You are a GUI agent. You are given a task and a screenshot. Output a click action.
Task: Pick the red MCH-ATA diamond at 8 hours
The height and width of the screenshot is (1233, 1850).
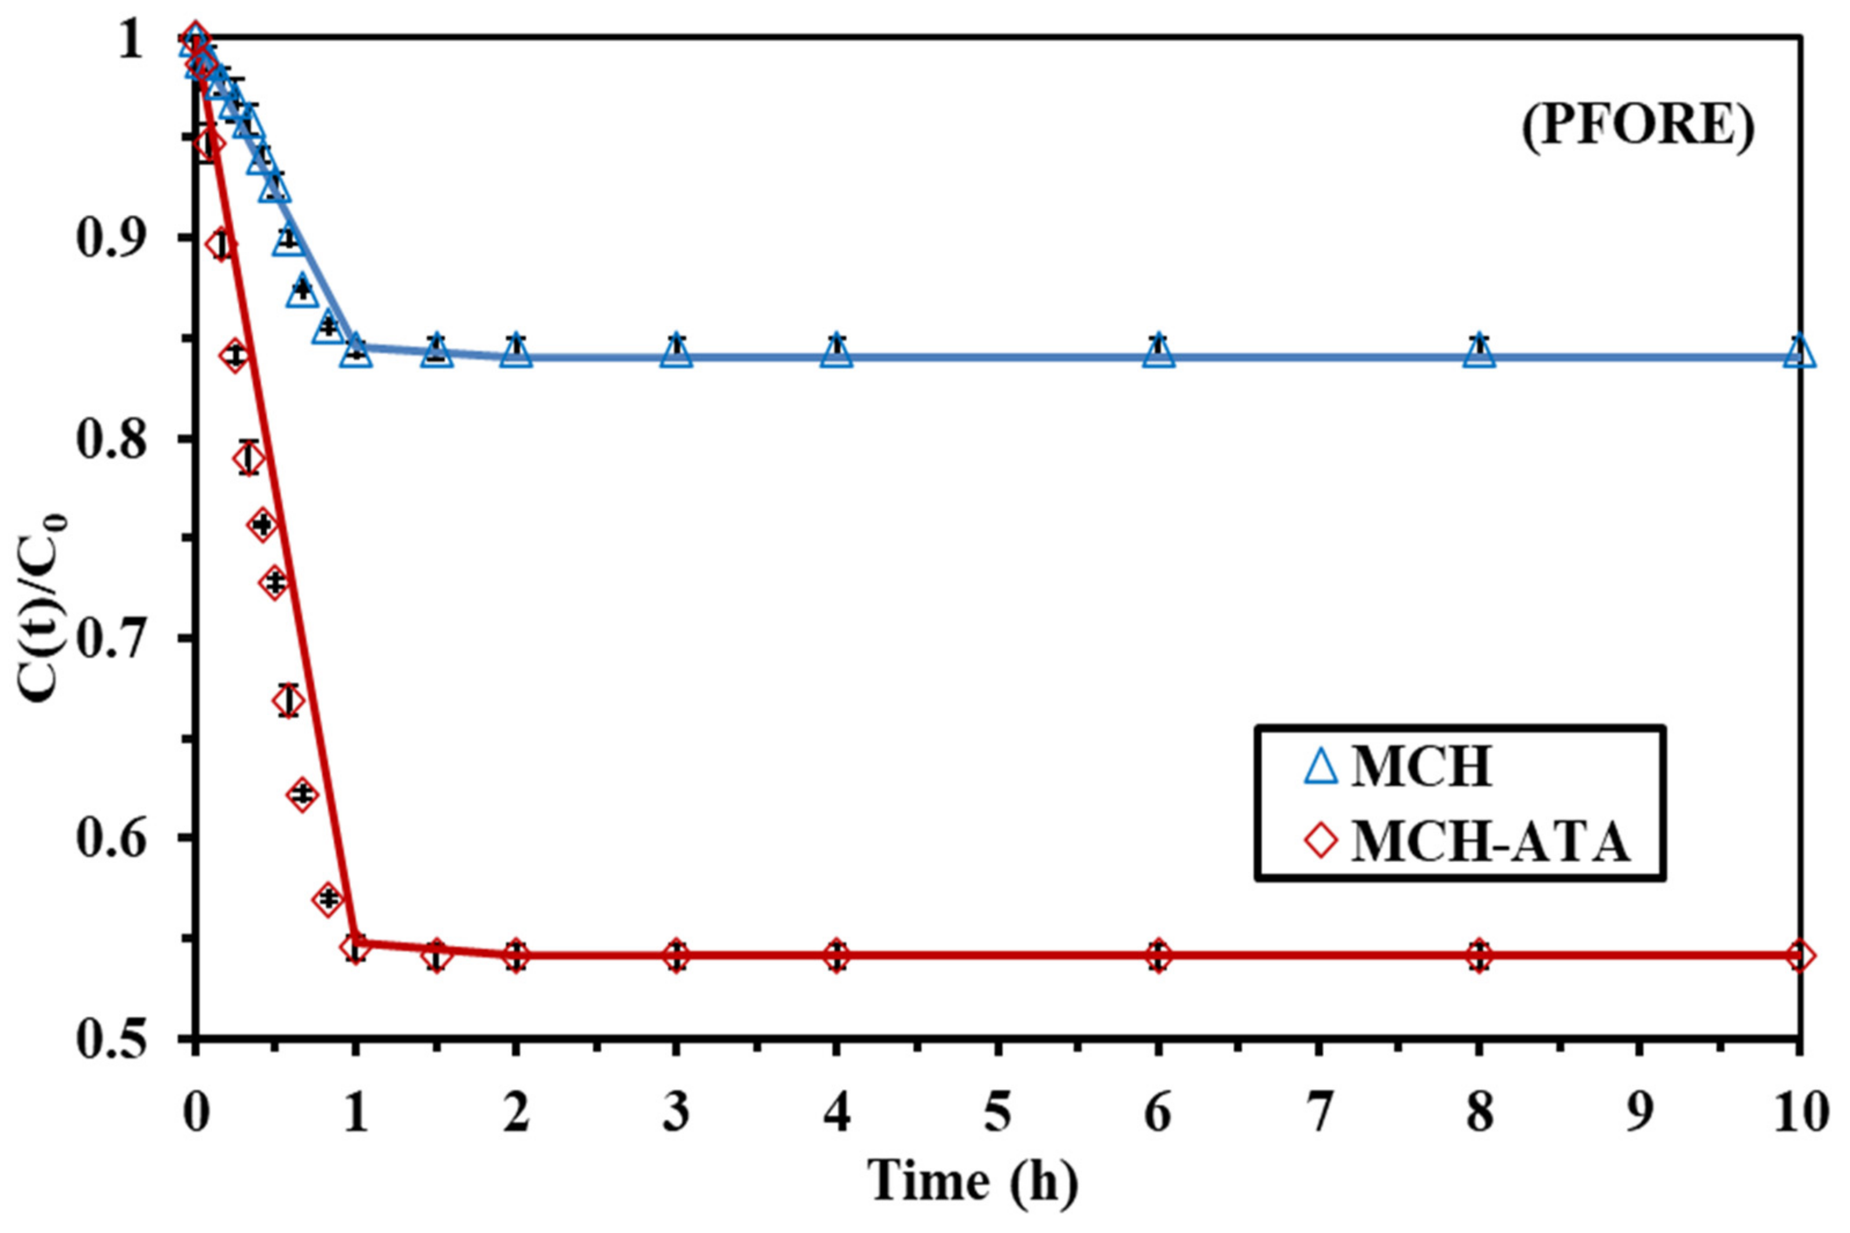tap(1479, 956)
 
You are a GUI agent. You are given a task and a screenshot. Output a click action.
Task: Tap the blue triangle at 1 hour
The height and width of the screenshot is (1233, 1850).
tap(356, 348)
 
